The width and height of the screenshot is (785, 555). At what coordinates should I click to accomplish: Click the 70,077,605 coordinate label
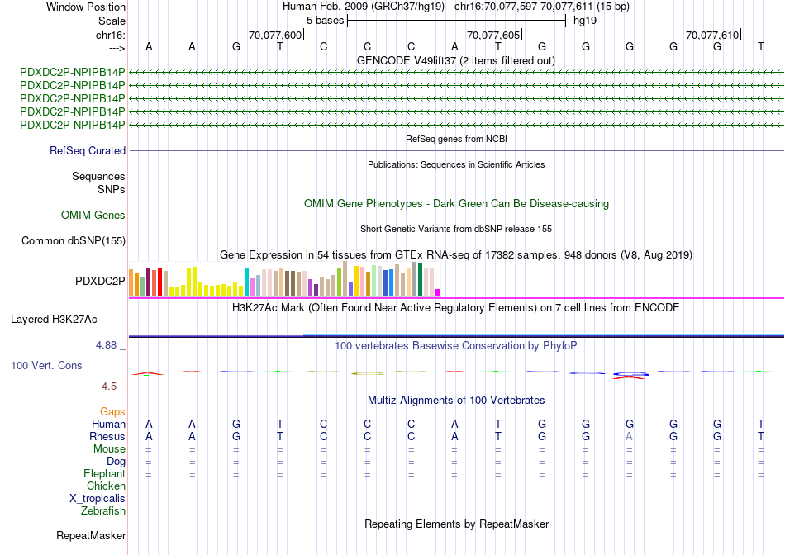[x=493, y=35]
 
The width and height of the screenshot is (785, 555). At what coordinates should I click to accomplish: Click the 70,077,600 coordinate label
[x=275, y=35]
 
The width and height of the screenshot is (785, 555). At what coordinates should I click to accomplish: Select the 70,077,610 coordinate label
[x=712, y=35]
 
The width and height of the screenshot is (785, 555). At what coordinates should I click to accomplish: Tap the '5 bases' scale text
[x=325, y=20]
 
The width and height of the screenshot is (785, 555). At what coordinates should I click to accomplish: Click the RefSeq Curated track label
[x=88, y=151]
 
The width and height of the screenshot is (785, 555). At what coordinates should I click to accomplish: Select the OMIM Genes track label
[x=93, y=216]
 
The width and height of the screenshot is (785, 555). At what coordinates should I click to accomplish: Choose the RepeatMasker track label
[x=91, y=536]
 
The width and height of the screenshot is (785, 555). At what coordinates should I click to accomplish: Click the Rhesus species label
[x=108, y=437]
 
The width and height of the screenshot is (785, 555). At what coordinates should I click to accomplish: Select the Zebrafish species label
[x=103, y=511]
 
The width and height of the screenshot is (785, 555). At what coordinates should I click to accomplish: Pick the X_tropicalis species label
[x=98, y=499]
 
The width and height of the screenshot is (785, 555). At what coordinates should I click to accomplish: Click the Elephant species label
[x=104, y=474]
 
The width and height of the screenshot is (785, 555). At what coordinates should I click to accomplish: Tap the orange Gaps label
[x=112, y=411]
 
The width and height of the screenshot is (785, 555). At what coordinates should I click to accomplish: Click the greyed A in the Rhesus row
[x=629, y=437]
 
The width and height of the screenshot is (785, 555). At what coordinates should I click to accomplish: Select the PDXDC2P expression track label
[x=100, y=281]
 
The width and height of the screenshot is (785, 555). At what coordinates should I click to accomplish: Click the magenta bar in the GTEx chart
[x=438, y=292]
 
